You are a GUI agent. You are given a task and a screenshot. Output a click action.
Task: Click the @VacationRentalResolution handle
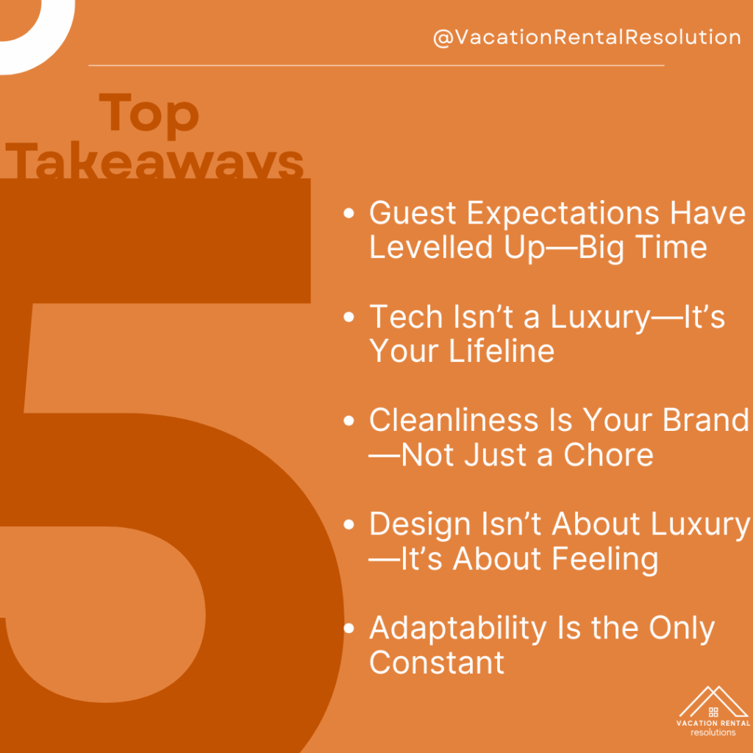[587, 38]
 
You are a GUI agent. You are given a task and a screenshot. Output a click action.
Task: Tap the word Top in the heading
[149, 115]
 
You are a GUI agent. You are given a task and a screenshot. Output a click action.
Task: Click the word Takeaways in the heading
[154, 160]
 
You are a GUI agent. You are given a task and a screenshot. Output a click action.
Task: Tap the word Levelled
[431, 247]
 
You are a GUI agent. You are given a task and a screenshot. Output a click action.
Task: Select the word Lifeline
[502, 351]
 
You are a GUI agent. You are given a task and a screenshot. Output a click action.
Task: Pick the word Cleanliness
[453, 420]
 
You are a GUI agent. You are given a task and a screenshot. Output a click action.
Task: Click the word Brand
[705, 420]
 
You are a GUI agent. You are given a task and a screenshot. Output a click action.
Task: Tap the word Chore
[608, 454]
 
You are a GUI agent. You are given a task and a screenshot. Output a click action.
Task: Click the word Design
[419, 524]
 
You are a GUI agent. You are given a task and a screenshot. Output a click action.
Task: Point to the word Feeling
[604, 559]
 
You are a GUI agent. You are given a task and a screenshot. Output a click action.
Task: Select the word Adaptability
[457, 629]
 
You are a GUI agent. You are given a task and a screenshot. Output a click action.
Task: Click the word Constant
[437, 663]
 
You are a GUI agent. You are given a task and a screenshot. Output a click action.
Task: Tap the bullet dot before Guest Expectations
[349, 213]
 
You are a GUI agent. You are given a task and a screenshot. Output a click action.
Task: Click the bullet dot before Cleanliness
[349, 421]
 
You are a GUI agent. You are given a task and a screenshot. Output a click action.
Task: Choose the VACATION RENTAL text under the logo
[713, 723]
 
